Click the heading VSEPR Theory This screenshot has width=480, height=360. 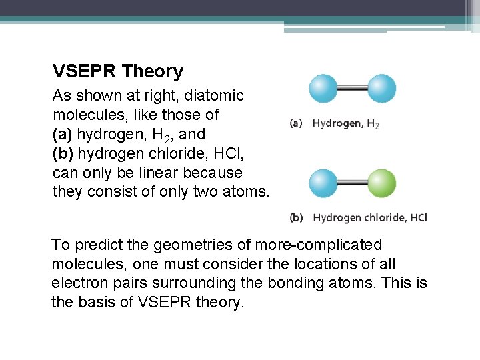tap(118, 71)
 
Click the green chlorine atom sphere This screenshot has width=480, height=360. tap(382, 183)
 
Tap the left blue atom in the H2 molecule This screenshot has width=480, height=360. tap(323, 89)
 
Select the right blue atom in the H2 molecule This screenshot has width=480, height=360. tap(382, 89)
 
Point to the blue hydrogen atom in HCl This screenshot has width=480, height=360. tap(323, 183)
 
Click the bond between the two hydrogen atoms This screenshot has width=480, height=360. tap(353, 89)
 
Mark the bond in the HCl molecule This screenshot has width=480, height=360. tap(353, 183)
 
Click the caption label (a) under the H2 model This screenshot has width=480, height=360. tap(297, 123)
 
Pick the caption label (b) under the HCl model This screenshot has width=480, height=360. tap(297, 217)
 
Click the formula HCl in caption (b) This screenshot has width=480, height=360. tap(417, 217)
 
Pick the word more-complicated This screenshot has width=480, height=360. tap(319, 245)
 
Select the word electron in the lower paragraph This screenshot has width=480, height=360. tap(78, 283)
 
